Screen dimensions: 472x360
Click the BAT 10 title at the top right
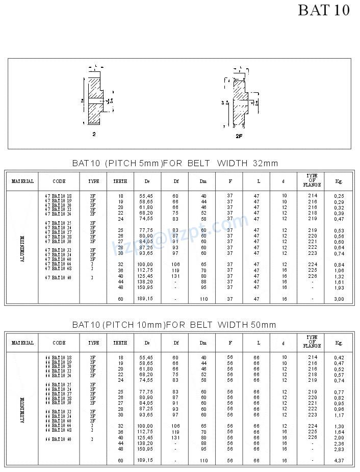point(324,10)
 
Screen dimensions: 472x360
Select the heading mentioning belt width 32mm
point(175,163)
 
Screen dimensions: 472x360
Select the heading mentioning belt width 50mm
point(174,325)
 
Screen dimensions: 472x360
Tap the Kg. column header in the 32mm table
point(339,181)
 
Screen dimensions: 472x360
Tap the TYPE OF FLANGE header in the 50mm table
point(312,343)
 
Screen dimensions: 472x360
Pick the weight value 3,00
point(339,299)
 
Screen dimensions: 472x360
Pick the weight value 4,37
point(339,461)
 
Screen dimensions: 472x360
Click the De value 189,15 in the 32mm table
point(146,299)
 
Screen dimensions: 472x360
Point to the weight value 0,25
point(339,196)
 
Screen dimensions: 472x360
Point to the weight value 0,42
point(339,357)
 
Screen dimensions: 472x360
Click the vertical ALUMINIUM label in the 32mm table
point(22,248)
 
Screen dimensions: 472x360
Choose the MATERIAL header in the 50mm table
point(22,343)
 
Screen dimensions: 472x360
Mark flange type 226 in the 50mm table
point(313,437)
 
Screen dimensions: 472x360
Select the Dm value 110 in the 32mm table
point(203,299)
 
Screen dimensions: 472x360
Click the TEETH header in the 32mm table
point(120,181)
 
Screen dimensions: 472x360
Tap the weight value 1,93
point(339,287)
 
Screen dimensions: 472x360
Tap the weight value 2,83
point(339,449)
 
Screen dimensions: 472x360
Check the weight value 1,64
point(339,432)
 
